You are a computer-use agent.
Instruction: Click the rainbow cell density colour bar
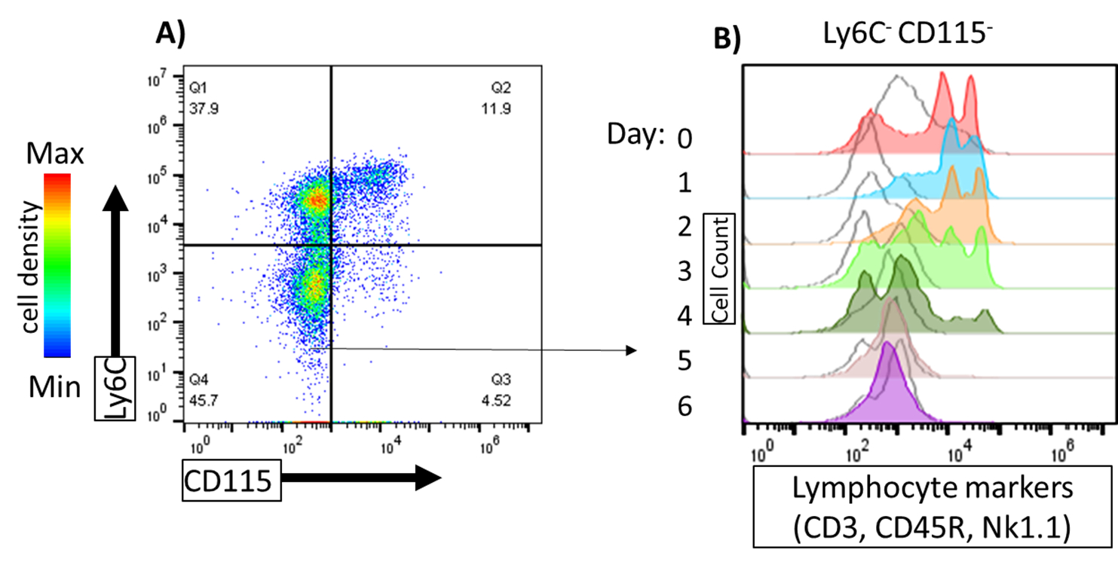pos(57,264)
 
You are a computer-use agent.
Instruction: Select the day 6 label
pos(683,407)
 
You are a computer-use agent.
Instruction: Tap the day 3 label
pos(683,272)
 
